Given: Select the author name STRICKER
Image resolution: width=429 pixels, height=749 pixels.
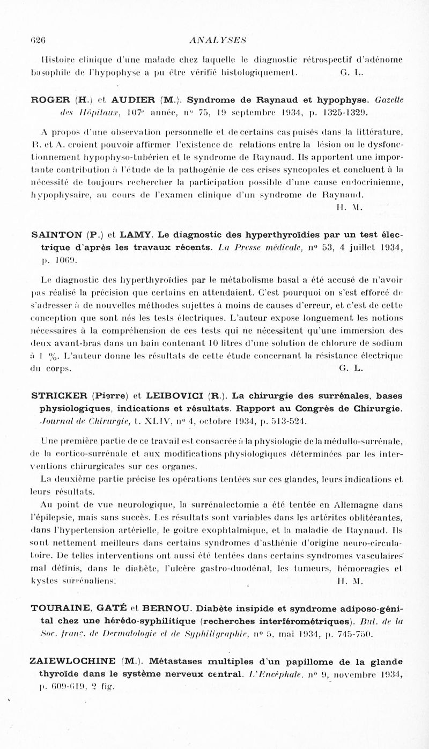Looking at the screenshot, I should [x=60, y=398].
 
